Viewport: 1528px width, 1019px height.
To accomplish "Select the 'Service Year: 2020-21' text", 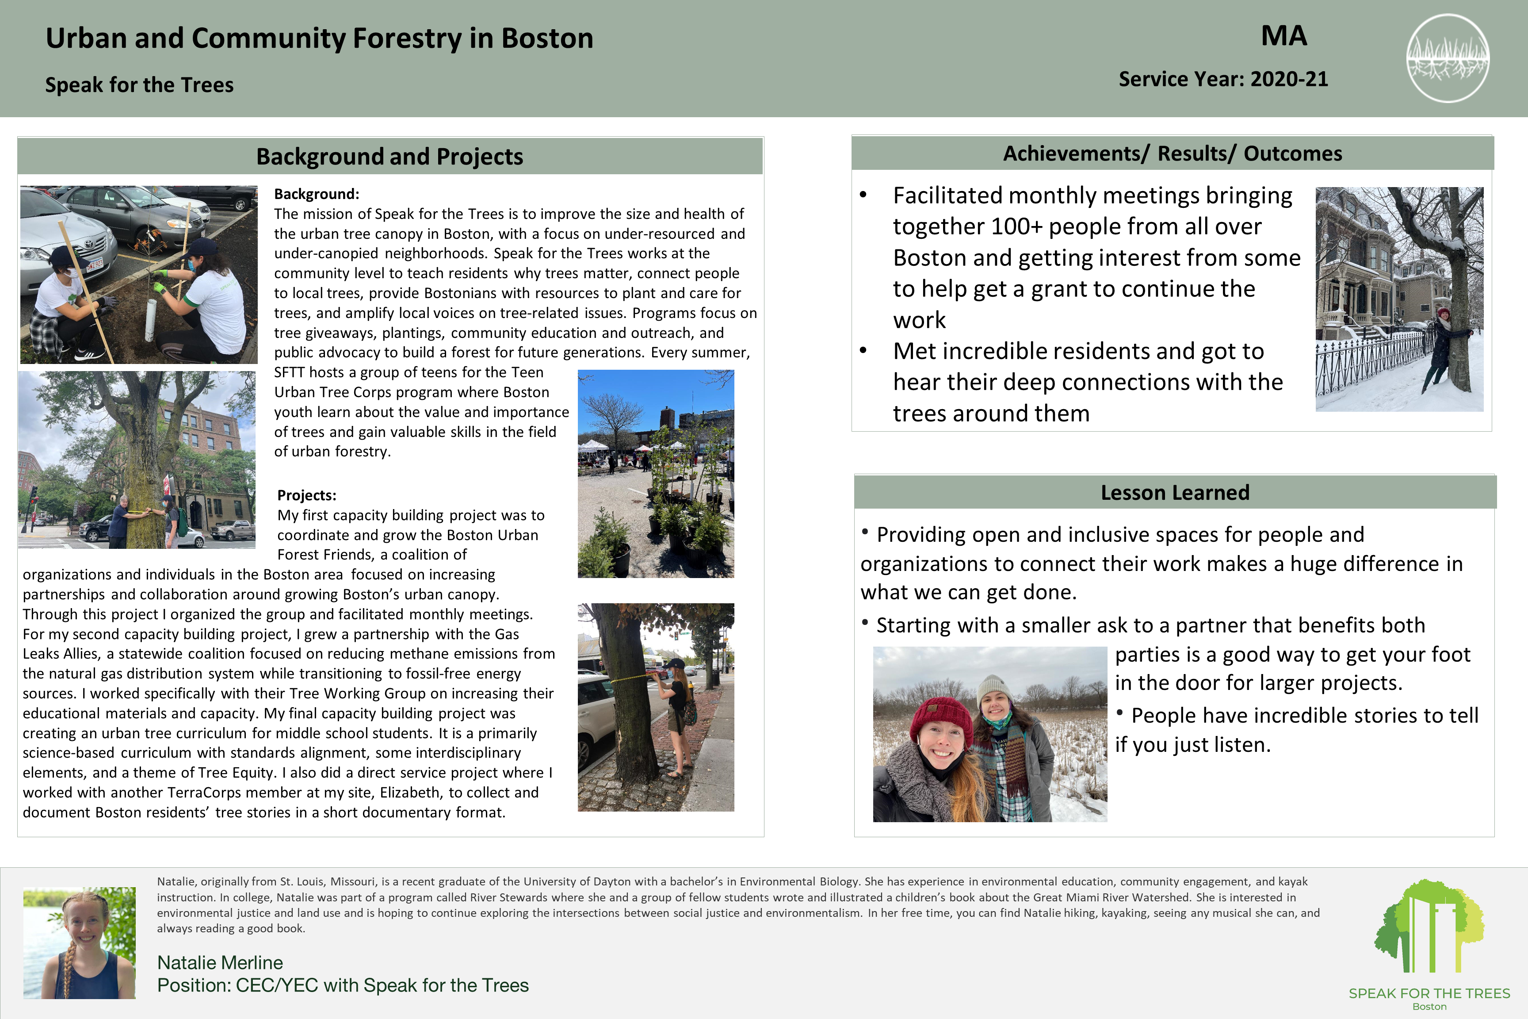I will [1222, 79].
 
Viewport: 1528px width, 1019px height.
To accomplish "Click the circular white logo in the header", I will [1448, 58].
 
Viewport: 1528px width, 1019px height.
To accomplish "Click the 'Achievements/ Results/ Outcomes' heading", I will [1172, 153].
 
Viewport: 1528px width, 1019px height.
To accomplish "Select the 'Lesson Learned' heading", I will [1175, 493].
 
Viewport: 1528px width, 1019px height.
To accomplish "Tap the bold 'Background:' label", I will [317, 194].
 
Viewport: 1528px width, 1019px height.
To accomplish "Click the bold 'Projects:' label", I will [307, 495].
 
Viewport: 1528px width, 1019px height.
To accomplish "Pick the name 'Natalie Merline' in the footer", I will [220, 962].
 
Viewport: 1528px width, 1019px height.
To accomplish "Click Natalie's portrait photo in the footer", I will [79, 943].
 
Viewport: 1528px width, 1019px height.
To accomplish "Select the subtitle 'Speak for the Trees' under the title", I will [139, 85].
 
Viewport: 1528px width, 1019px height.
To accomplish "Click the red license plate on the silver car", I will [95, 264].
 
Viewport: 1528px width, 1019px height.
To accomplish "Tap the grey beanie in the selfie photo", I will [994, 689].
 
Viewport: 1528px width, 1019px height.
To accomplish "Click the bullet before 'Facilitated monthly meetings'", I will [863, 195].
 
